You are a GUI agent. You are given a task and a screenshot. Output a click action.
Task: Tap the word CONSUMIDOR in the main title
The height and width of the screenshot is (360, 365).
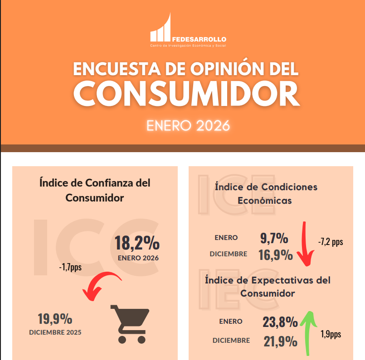pos(186,92)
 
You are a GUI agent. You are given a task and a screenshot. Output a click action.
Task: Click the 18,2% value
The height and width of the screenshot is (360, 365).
pos(137,243)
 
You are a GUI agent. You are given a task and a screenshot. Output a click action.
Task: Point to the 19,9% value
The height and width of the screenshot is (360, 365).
pos(55,319)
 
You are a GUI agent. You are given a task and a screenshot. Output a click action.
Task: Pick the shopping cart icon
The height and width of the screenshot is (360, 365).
pos(130,323)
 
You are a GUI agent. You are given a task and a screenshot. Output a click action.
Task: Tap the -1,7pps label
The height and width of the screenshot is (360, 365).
pos(70,267)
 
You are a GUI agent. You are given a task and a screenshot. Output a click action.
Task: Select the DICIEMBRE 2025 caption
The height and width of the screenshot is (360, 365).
pos(55,332)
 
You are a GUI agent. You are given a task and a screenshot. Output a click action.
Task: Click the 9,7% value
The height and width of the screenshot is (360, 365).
pos(274,238)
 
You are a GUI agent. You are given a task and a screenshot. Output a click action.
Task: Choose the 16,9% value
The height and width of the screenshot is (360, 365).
pos(276,255)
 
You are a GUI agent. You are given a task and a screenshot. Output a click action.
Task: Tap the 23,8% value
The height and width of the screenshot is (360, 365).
pos(280,322)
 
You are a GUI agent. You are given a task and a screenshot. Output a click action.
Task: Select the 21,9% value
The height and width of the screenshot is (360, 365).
pos(280,341)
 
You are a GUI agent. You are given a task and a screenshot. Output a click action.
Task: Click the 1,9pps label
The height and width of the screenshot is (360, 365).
pos(331,335)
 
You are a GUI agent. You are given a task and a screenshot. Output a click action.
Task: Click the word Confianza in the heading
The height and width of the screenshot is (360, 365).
pos(109,183)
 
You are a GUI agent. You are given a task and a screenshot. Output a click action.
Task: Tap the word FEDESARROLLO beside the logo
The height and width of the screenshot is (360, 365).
pos(199,39)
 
